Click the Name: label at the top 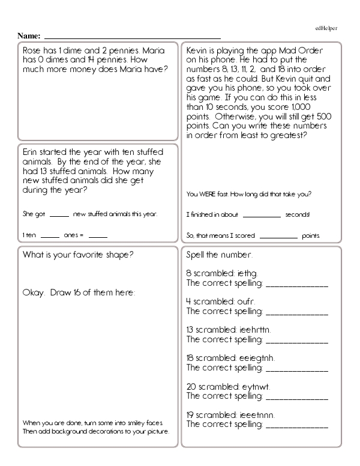coord(29,36)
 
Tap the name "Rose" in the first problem coord(32,50)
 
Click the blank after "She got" coord(59,214)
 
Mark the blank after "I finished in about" coord(262,214)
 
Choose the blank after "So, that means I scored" coord(279,235)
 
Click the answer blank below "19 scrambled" coord(296,426)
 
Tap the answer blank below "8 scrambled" coord(296,284)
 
